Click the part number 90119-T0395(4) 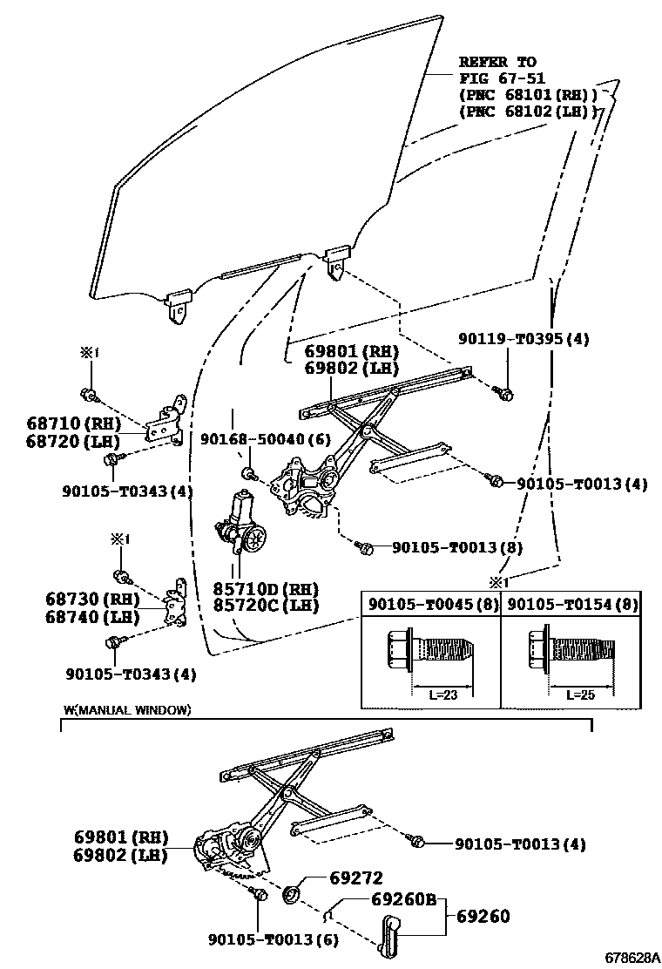[x=524, y=339]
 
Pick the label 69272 [x=355, y=878]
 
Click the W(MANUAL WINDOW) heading [x=126, y=710]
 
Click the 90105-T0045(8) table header [x=431, y=604]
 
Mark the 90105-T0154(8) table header [x=572, y=604]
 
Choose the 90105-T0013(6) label [x=274, y=939]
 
